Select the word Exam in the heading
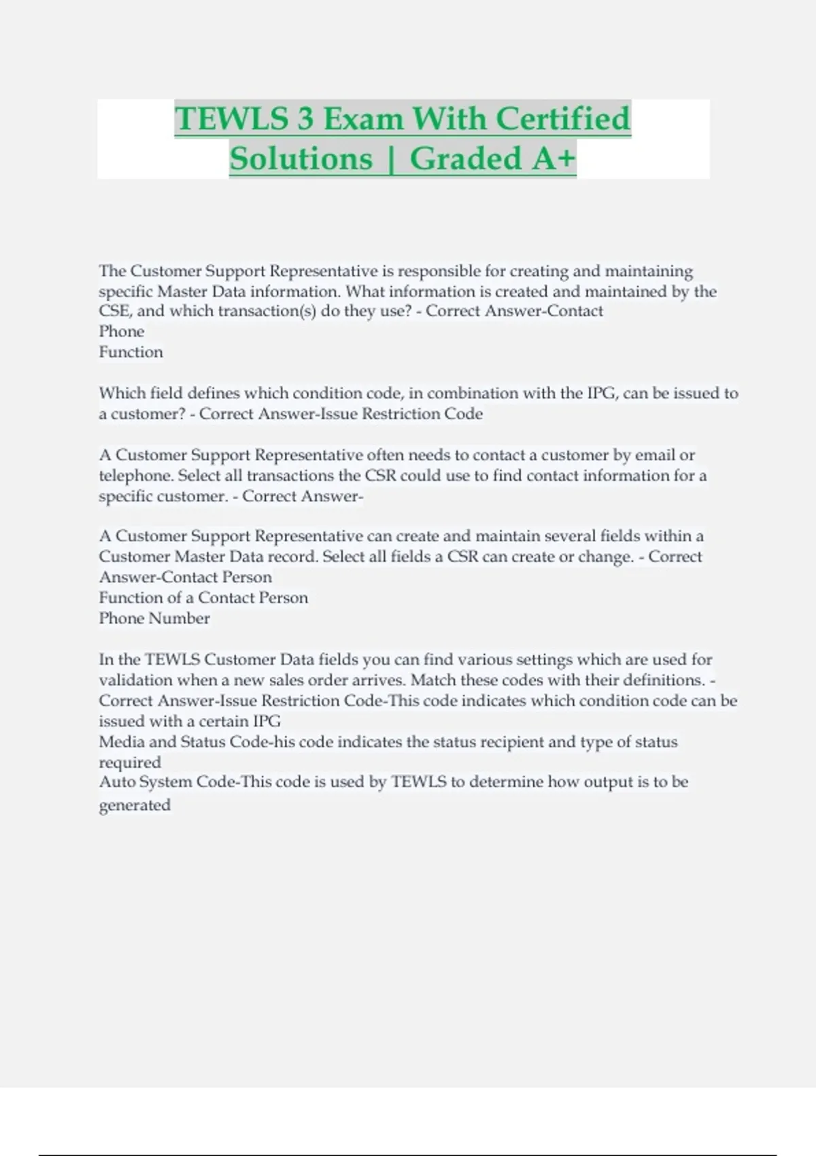coord(363,119)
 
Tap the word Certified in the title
coord(563,119)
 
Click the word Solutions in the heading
coord(301,159)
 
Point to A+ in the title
coord(554,159)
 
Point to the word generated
coord(135,806)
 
